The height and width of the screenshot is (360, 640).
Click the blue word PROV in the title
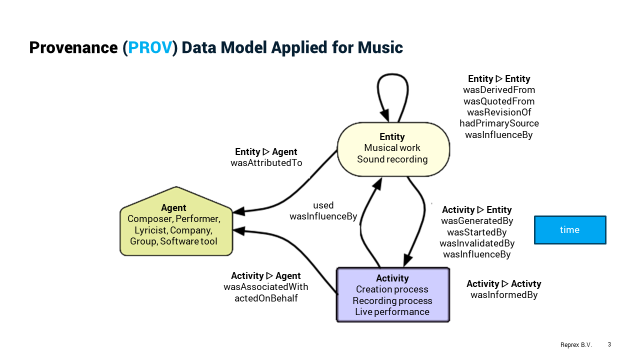(x=150, y=47)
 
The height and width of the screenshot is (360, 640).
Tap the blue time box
(x=570, y=230)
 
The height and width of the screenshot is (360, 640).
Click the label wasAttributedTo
(x=266, y=163)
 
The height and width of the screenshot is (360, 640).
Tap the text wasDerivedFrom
(x=499, y=90)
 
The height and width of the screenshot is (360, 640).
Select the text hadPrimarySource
(x=499, y=123)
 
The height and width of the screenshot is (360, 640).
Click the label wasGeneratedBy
(x=477, y=221)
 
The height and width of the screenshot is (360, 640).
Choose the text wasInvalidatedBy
(x=477, y=243)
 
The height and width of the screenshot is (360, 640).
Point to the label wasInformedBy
(x=504, y=295)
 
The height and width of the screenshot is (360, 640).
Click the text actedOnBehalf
(x=266, y=298)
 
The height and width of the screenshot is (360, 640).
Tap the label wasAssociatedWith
(x=266, y=287)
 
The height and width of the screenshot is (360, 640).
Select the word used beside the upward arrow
(x=323, y=205)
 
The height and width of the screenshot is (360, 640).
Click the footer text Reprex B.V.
(x=576, y=345)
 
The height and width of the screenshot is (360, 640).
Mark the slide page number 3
(x=609, y=344)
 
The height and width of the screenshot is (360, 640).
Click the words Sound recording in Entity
(x=392, y=159)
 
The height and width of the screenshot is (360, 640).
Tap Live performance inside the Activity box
(x=392, y=312)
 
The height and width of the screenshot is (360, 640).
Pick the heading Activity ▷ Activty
(x=504, y=284)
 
